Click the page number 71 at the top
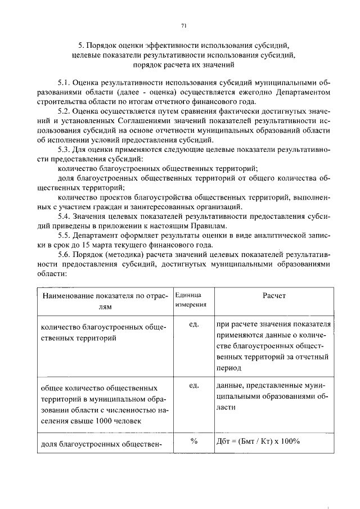[x=184, y=25]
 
